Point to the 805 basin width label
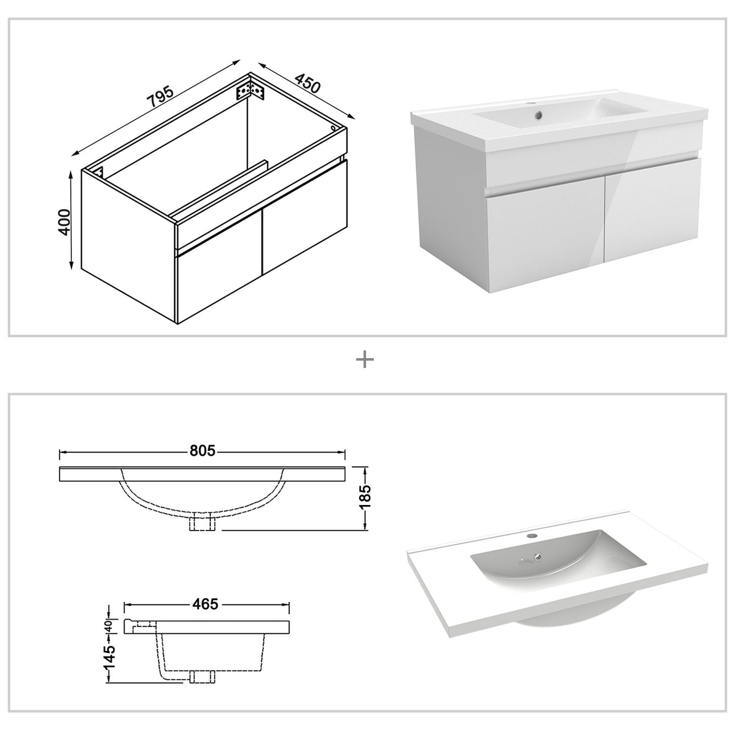[202, 450]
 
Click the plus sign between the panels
[365, 360]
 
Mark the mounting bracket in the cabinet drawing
[249, 90]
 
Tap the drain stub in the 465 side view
[203, 676]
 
